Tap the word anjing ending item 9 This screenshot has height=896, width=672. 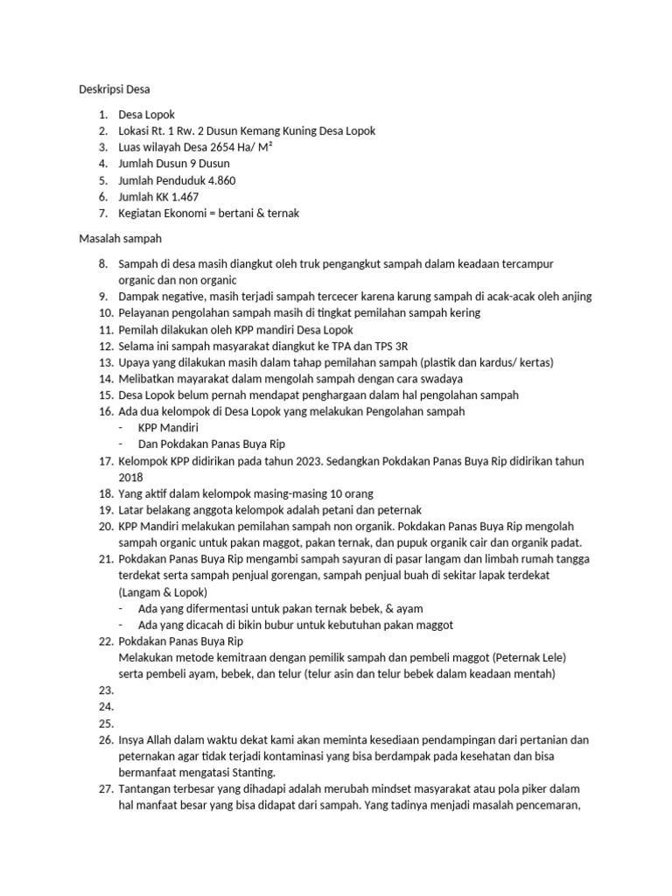(575, 296)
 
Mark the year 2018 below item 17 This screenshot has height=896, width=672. (131, 477)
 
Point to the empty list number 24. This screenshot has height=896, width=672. (106, 707)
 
